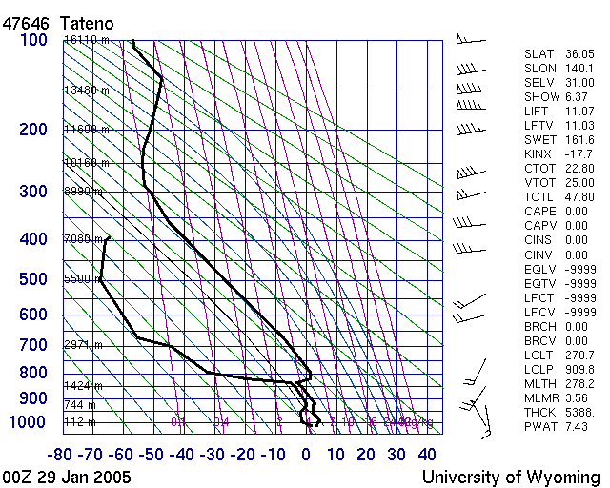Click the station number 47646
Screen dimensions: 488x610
pos(26,21)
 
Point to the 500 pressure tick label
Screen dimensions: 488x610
pos(33,279)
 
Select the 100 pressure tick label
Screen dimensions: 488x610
pos(33,40)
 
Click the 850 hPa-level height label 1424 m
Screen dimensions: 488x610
pos(84,386)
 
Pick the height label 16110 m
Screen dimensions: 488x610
pos(87,40)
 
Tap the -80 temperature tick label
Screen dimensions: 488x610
pos(63,455)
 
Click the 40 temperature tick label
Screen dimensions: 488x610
pos(426,455)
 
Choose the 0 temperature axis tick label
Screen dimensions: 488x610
pos(306,455)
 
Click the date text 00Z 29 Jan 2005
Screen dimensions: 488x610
pos(67,477)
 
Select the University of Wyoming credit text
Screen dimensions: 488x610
pos(511,477)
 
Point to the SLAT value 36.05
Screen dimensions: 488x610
pos(579,55)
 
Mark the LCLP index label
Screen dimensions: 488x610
pos(539,370)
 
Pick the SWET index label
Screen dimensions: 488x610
pos(540,140)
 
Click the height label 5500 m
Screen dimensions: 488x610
pos(82,279)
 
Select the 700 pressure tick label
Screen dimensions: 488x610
pos(33,344)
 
